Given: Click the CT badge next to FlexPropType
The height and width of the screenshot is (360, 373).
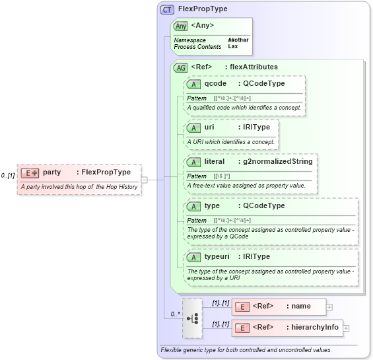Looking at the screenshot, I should [167, 10].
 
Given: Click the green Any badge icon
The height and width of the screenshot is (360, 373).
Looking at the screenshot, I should [180, 26].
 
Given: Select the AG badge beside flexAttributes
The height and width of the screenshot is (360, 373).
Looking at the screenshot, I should [180, 67].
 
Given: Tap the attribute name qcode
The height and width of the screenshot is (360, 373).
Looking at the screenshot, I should [216, 84].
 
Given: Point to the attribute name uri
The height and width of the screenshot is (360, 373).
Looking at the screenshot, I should [209, 126].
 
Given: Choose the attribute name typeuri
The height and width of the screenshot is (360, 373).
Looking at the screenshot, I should [218, 256].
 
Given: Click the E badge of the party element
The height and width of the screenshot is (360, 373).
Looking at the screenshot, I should [30, 172].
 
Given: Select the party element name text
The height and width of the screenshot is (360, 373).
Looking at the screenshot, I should [52, 172].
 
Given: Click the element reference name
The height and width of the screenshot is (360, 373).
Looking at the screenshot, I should [301, 306].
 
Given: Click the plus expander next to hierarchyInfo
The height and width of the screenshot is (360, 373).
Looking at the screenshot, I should [346, 328].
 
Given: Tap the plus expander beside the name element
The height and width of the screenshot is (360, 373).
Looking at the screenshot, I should [329, 306].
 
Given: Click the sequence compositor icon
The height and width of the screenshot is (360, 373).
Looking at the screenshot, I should [192, 318].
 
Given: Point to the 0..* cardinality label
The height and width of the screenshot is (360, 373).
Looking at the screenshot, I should [174, 314].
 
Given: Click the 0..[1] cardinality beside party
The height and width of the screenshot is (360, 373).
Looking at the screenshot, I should [8, 176].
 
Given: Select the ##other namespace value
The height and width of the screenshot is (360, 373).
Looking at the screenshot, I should [238, 40].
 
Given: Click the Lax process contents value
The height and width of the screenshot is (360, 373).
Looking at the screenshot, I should [233, 47].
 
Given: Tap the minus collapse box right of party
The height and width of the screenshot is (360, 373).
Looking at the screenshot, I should [144, 178].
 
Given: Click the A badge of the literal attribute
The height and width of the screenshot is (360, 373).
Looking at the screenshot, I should [193, 161].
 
